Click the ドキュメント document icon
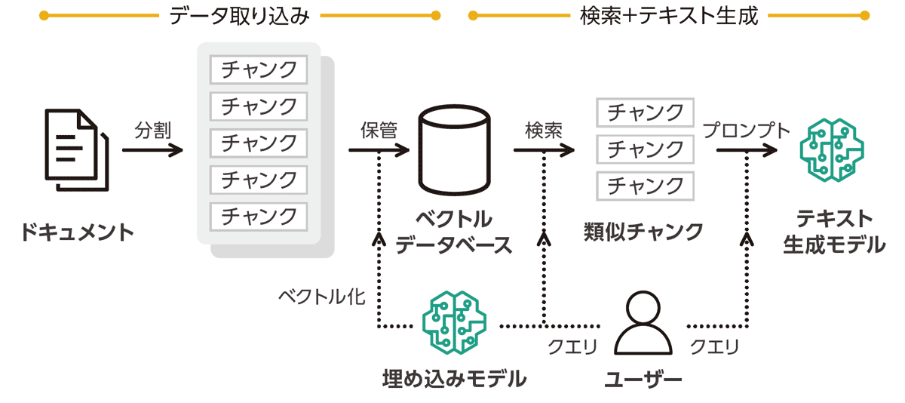[76, 149]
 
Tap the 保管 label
[379, 131]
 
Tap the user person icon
[643, 325]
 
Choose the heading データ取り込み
[241, 16]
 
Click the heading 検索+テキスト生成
[669, 16]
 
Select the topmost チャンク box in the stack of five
[259, 70]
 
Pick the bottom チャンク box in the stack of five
[259, 216]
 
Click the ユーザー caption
[643, 378]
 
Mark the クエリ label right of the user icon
[714, 348]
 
